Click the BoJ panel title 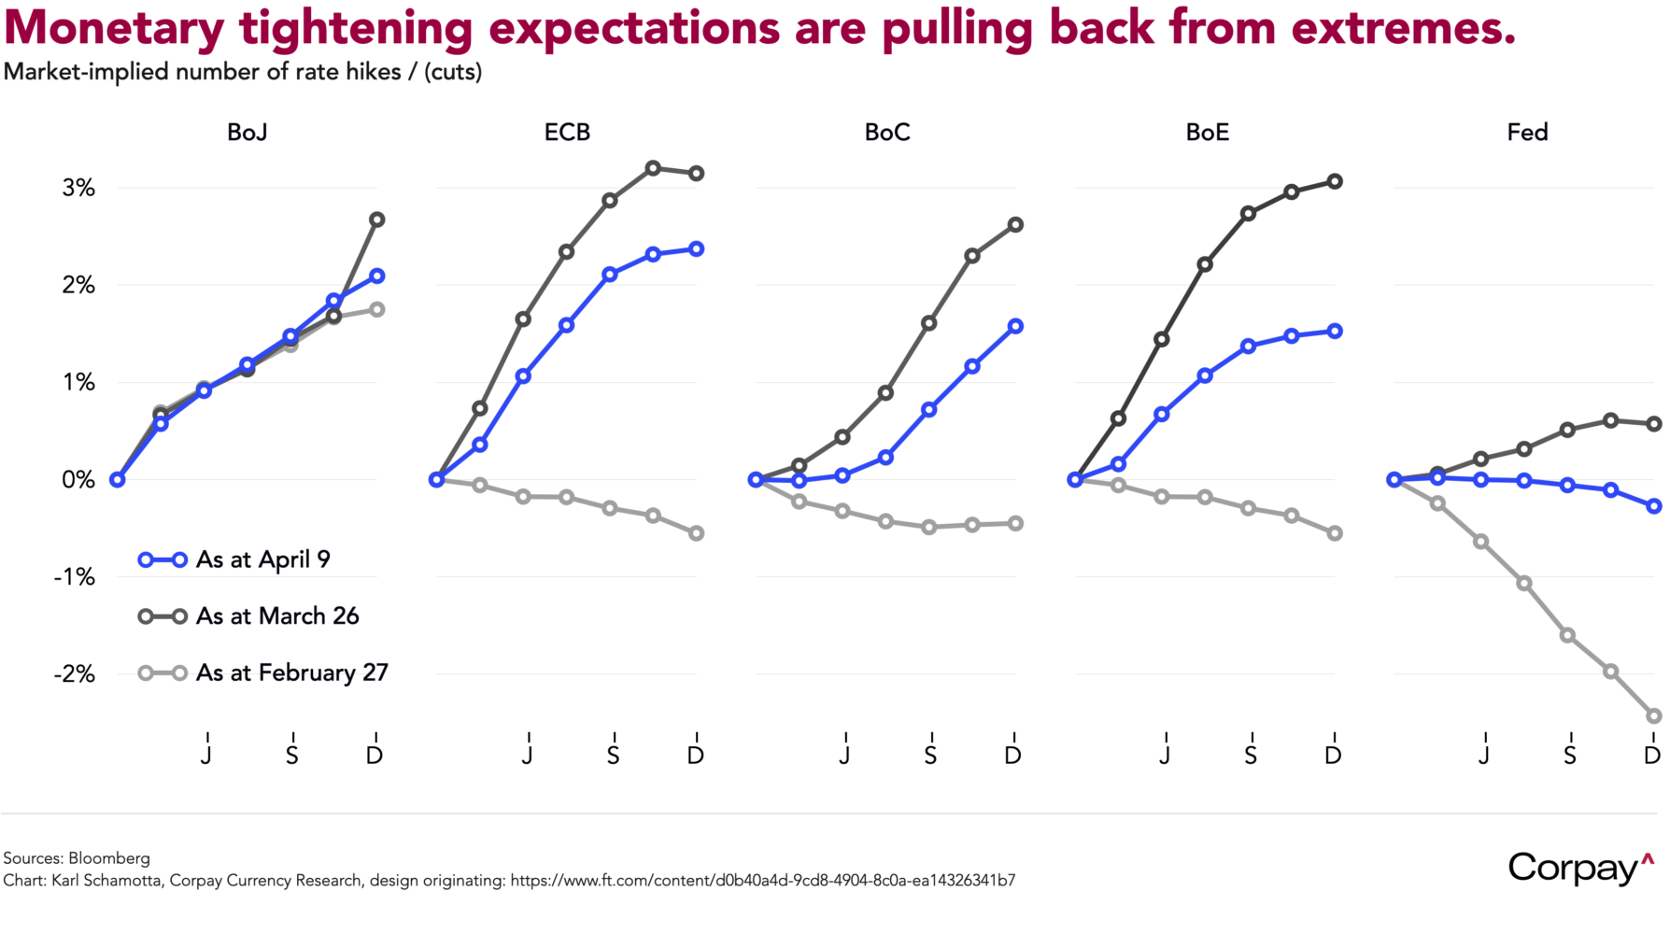click(x=248, y=133)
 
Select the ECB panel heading click(x=567, y=133)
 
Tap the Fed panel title click(x=1527, y=133)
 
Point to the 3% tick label click(x=79, y=188)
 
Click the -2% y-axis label click(x=75, y=674)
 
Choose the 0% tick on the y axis click(x=79, y=480)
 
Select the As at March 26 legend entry click(x=276, y=616)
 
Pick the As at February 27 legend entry click(x=290, y=673)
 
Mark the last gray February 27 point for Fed click(x=1654, y=716)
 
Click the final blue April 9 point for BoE click(x=1335, y=331)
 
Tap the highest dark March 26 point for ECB click(x=653, y=168)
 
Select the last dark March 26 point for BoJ click(x=377, y=219)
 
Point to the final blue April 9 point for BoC click(x=1015, y=326)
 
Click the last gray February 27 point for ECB click(x=696, y=533)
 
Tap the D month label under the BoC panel click(x=1013, y=755)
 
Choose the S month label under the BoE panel click(x=1251, y=755)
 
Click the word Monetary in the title click(x=114, y=28)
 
